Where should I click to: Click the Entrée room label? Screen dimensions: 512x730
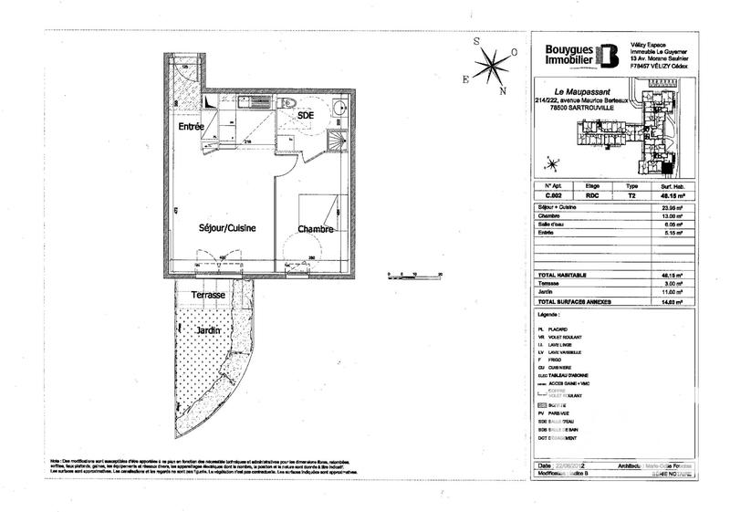click(191, 126)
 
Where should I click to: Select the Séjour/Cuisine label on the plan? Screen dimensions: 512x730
click(227, 228)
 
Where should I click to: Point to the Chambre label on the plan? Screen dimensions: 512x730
click(315, 230)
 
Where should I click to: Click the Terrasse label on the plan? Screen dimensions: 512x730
click(208, 296)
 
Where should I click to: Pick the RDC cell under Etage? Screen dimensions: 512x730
click(591, 194)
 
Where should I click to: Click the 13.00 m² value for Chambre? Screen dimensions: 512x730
click(668, 216)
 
